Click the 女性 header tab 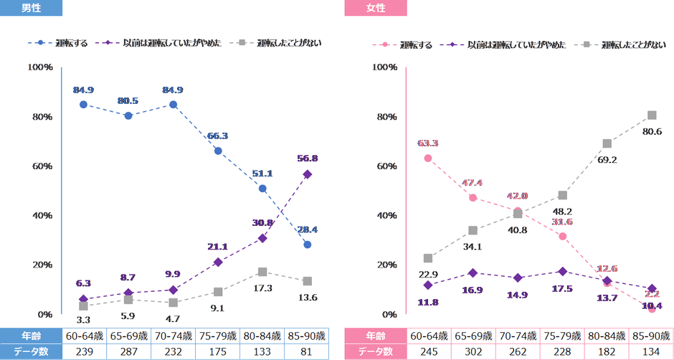pos(375,8)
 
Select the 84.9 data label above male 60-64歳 pos(83,90)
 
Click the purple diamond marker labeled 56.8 pos(308,174)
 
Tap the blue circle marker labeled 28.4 pos(308,245)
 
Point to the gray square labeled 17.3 pos(262,272)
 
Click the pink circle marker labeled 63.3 pos(428,158)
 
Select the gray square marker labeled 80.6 pos(652,115)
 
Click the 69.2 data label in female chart pos(607,160)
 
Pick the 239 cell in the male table pos(84,351)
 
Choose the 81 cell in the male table pos(308,351)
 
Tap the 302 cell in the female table pos(473,351)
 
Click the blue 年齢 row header pos(31,336)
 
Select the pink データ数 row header pos(375,351)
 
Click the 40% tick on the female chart pos(386,216)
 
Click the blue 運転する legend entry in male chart pos(61,43)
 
